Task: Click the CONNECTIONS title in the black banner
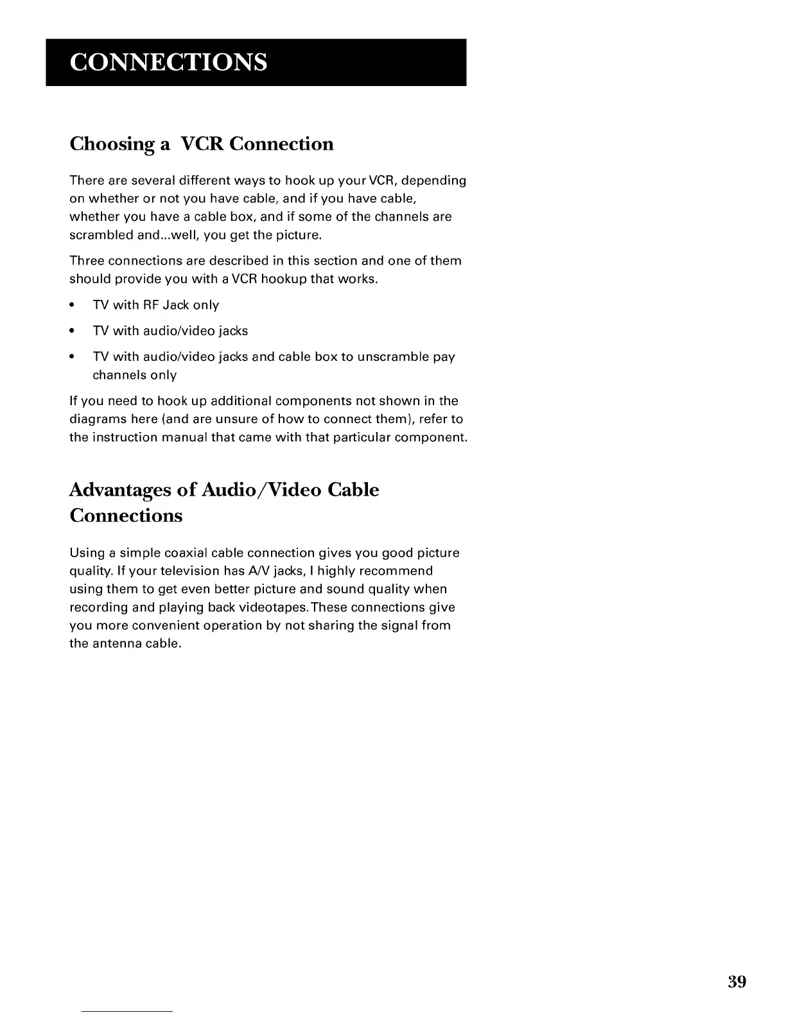tap(169, 62)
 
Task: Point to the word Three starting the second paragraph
tap(87, 261)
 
